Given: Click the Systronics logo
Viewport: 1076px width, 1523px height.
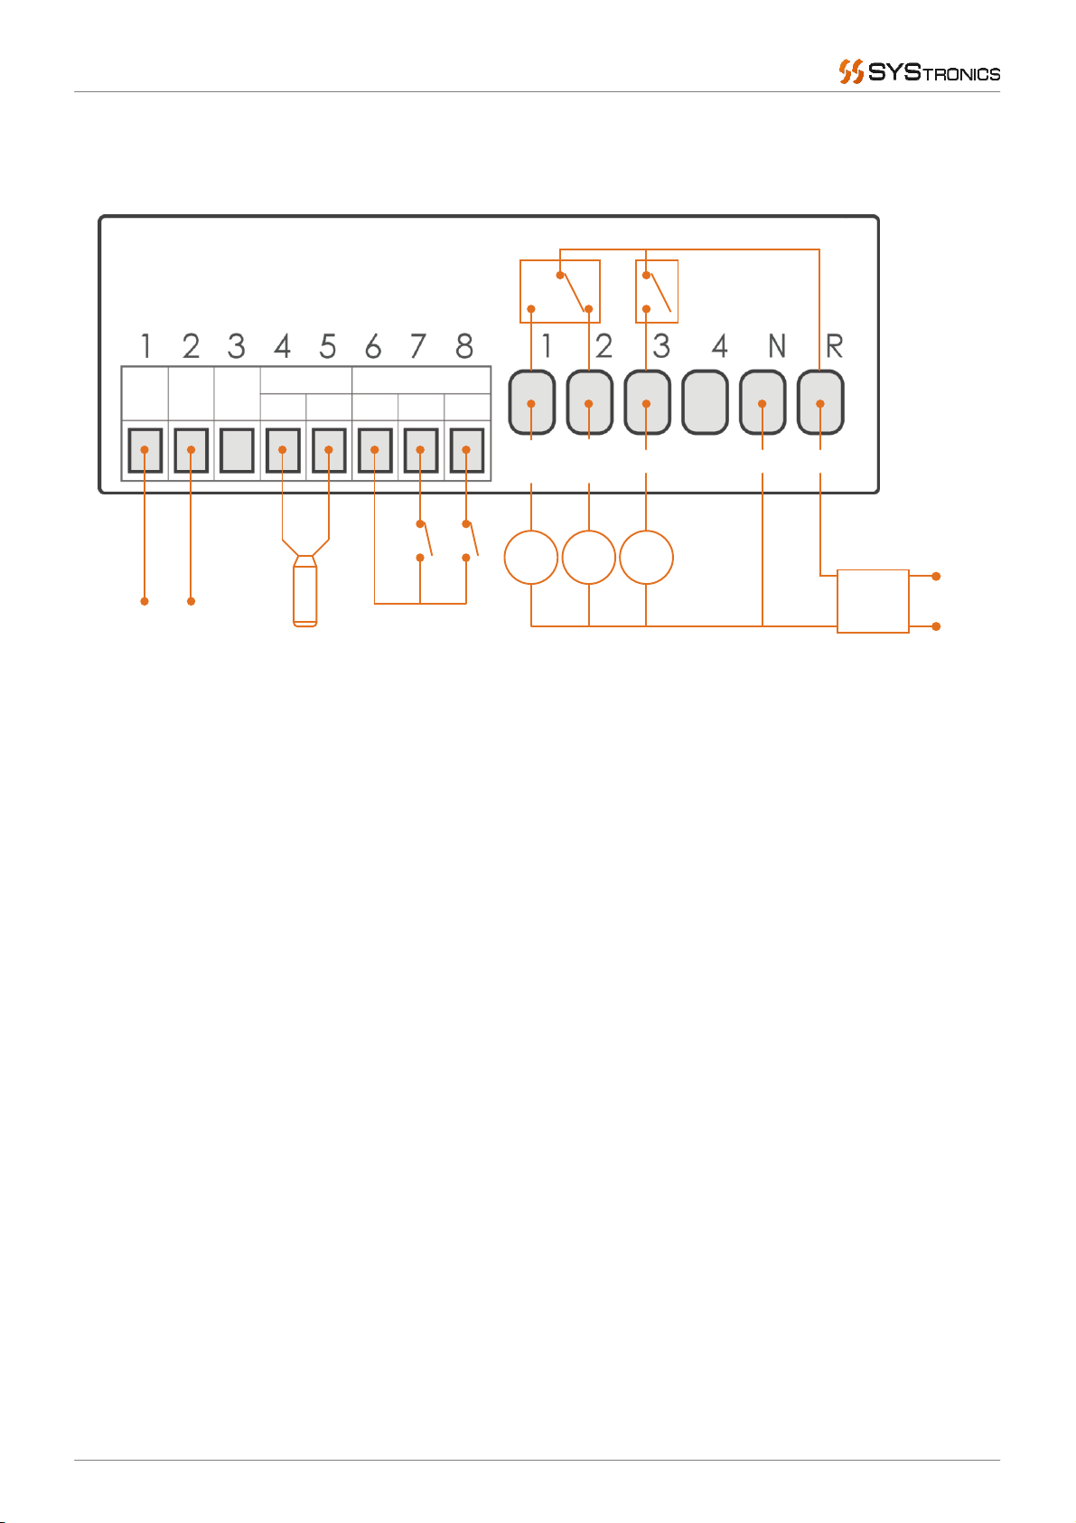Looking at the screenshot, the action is point(920,72).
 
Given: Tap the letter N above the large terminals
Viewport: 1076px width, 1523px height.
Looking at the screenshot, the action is point(776,346).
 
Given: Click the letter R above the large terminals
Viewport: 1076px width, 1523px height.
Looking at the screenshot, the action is point(834,346).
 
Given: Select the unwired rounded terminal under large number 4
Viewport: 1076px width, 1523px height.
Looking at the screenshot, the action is point(705,402).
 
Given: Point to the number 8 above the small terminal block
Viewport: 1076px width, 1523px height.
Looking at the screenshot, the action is point(463,346).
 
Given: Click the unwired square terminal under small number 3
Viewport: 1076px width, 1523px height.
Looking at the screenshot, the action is point(237,450).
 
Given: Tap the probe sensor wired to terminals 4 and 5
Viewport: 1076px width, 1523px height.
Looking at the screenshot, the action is point(305,592).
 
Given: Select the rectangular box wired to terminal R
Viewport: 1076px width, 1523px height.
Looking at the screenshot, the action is point(873,601).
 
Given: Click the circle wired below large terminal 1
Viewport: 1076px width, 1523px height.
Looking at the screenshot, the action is point(531,558).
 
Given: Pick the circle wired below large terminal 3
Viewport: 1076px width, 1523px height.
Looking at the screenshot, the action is point(647,558).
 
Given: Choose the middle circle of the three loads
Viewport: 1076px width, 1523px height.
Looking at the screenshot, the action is point(589,558).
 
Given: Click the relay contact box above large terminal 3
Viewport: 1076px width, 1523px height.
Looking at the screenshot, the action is point(657,291).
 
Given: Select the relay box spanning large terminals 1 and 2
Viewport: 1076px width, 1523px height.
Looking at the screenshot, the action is point(560,291).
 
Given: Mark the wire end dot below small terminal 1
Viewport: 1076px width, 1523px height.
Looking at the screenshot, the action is point(145,601).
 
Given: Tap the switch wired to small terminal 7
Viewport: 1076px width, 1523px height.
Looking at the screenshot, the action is point(423,541).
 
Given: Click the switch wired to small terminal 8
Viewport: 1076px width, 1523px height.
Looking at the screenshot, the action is point(470,541).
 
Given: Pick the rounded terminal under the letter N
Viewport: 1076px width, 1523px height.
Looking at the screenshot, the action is point(763,402).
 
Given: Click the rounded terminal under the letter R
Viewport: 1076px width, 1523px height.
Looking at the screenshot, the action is point(820,402).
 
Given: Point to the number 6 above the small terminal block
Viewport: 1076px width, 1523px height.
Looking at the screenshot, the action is point(372,346).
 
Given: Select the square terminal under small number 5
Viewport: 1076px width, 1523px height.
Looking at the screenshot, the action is point(329,450).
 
